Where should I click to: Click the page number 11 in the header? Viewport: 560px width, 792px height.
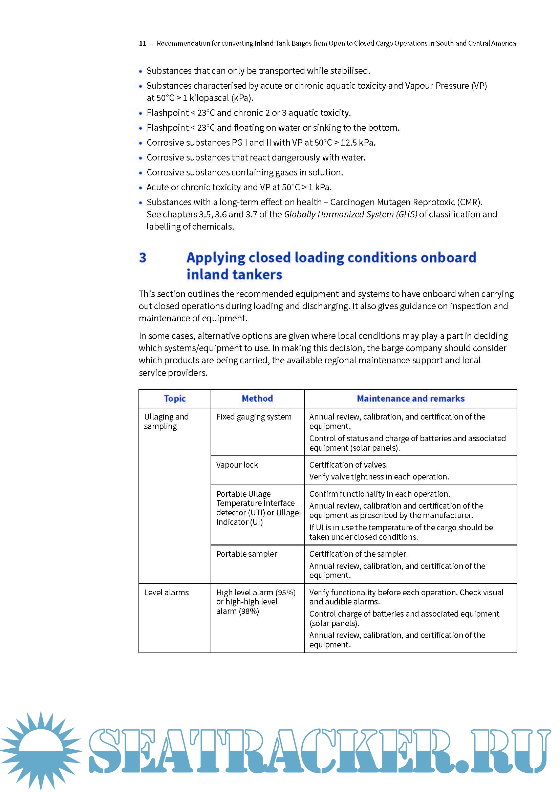point(143,43)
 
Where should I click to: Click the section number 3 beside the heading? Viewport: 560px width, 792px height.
point(143,258)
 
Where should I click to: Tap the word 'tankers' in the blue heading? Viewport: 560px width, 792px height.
point(258,275)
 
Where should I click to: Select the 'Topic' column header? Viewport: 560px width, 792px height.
point(174,399)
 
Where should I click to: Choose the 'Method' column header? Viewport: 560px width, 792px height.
point(257,399)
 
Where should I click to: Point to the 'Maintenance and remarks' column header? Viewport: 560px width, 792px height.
point(410,399)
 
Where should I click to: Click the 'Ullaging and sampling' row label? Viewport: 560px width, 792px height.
point(166,421)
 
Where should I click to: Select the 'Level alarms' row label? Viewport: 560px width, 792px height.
point(166,592)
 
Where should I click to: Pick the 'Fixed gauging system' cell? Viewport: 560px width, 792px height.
point(254,417)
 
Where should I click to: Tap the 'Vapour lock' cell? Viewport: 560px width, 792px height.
point(237,465)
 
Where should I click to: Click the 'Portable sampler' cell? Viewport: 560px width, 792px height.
point(246,554)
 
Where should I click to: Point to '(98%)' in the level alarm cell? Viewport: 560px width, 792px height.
point(247,611)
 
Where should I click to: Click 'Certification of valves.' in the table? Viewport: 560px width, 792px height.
point(348,465)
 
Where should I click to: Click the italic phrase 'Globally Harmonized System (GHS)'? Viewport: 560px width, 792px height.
point(350,214)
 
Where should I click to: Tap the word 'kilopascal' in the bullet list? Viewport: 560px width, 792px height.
point(209,98)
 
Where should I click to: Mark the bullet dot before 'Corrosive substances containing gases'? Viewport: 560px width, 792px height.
point(141,173)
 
